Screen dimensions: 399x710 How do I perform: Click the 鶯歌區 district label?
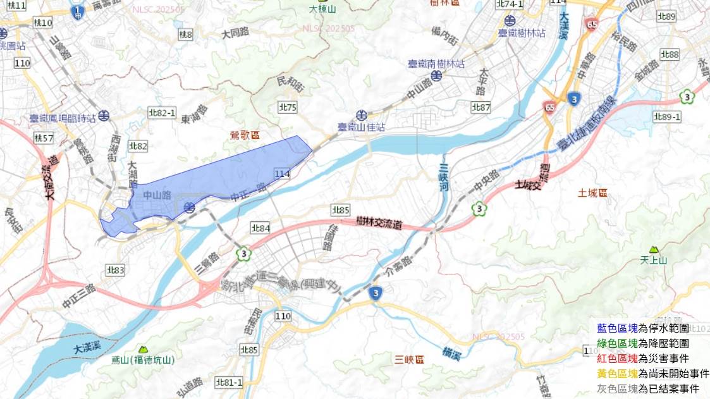point(245,135)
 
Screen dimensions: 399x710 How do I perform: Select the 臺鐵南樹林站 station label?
point(436,64)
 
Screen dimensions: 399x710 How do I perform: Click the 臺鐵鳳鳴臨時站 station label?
point(63,118)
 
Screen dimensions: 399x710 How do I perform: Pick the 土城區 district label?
point(592,192)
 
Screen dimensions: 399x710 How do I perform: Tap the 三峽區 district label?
point(410,360)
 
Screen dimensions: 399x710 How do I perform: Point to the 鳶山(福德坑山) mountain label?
point(143,360)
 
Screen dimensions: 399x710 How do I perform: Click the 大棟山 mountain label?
point(322,9)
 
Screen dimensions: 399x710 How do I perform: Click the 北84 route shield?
point(260,228)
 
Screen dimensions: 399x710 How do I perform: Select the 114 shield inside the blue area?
point(282,173)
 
